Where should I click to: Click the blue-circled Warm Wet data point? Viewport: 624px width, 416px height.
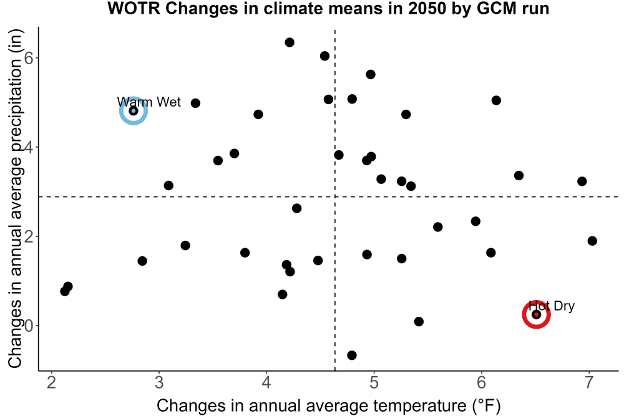tap(134, 110)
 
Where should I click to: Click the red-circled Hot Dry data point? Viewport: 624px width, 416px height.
tap(536, 314)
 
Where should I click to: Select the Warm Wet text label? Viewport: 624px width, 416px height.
tap(149, 102)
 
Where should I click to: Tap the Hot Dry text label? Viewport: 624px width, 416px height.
tap(552, 306)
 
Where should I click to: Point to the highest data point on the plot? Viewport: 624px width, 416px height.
tap(290, 42)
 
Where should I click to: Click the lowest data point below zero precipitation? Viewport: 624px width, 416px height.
tap(352, 355)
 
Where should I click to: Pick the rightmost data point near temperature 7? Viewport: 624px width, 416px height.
tap(592, 241)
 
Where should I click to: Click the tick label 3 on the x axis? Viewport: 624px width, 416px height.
tap(158, 382)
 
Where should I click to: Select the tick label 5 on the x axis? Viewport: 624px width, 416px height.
tap(374, 382)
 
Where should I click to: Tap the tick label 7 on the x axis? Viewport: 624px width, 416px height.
tap(588, 382)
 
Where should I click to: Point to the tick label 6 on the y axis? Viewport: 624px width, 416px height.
tap(28, 58)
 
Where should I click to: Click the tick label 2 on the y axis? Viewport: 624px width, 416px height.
tap(28, 236)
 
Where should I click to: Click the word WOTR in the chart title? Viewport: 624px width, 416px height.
tap(134, 8)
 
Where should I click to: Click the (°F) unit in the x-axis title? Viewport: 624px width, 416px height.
tap(485, 406)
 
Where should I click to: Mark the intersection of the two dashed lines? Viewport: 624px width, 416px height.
tap(334, 197)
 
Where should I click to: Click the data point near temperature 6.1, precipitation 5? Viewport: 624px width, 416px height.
tap(496, 100)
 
